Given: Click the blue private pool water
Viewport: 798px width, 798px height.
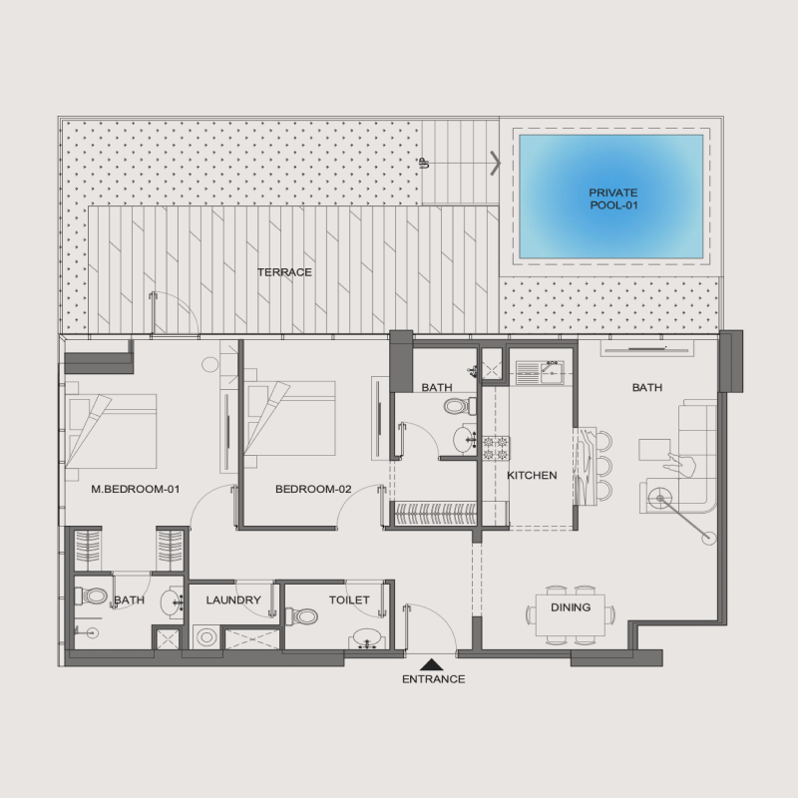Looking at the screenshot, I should point(610,196).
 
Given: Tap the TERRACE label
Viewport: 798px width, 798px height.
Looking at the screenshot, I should point(284,272).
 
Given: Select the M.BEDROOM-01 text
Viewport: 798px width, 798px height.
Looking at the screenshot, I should point(135,489).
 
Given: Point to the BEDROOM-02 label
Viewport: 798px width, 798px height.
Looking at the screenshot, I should point(313,489).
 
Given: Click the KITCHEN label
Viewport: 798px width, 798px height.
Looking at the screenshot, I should point(532,476).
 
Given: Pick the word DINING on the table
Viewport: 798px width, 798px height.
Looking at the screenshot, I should point(570,607).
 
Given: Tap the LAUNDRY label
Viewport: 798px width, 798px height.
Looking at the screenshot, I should point(233,600).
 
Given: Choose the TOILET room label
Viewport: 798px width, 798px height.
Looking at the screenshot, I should point(349,600).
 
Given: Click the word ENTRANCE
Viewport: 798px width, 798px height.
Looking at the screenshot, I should point(433,679).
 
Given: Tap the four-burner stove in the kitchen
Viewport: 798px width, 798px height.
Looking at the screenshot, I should point(496,448).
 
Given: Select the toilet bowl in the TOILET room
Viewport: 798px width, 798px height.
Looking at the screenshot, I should point(304,616).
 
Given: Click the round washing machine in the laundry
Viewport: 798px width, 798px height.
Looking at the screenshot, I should point(204,637).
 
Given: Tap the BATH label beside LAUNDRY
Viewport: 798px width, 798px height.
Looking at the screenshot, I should point(129,600).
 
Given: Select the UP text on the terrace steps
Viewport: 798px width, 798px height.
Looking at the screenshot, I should point(424,162).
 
